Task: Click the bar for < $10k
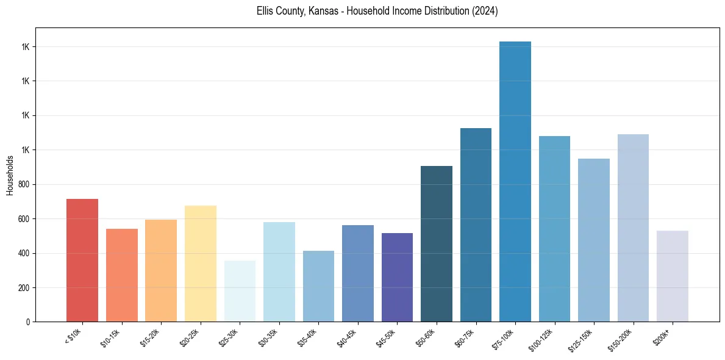82,261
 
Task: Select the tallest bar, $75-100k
515,182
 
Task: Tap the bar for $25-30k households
240,291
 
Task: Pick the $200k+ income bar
673,276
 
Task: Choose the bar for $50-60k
437,244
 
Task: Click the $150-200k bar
633,228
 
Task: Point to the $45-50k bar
397,278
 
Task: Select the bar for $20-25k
201,264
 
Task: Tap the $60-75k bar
476,225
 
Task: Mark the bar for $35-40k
318,286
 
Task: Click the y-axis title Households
10,175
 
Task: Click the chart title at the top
377,11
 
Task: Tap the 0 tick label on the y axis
29,322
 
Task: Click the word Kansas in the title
323,11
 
